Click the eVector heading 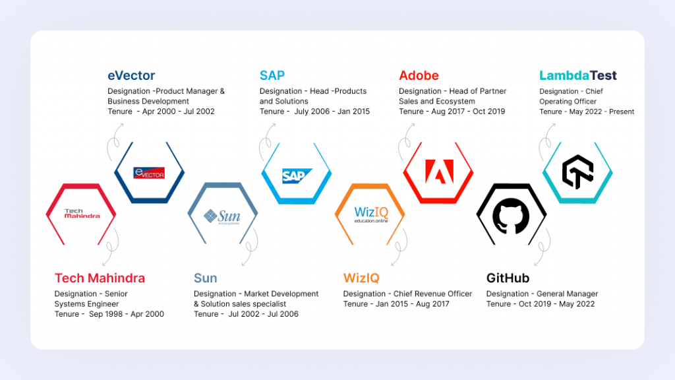tap(131, 75)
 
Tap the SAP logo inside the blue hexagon tap(297, 175)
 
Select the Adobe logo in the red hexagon tap(439, 172)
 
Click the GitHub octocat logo tap(511, 216)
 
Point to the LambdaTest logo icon tap(577, 172)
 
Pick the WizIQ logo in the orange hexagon tap(371, 214)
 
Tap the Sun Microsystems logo tap(222, 216)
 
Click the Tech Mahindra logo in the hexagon tap(82, 214)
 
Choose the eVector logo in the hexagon tap(149, 173)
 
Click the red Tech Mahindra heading tap(100, 278)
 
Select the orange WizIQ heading tap(361, 278)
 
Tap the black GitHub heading tap(508, 278)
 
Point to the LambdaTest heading tap(577, 75)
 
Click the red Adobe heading tap(419, 75)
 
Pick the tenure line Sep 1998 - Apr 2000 tap(109, 314)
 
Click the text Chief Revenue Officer tap(432, 294)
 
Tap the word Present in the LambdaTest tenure tap(622, 111)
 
